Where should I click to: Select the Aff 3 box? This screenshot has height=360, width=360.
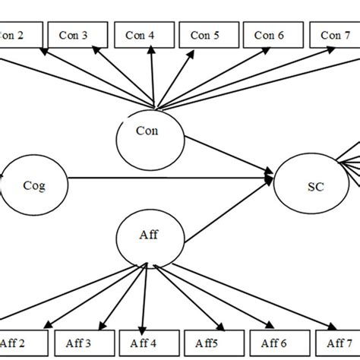coord(81,343)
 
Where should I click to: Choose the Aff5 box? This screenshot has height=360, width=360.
coord(207,343)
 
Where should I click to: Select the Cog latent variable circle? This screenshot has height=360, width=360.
coord(34,185)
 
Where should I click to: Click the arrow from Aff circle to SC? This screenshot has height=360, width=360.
coord(228,213)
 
